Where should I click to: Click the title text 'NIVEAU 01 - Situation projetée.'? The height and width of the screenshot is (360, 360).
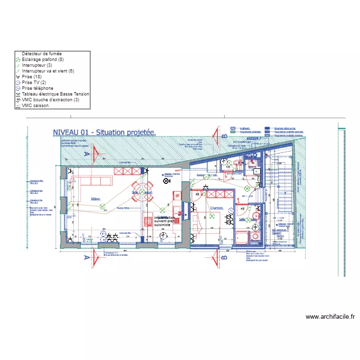[x=104, y=132]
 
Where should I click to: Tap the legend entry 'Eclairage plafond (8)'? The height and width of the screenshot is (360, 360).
[x=42, y=60]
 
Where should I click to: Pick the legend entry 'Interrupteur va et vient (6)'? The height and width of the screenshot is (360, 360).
[x=48, y=71]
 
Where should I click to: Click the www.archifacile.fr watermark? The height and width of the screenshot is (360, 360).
[x=330, y=317]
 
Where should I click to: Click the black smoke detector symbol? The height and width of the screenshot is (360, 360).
[x=166, y=181]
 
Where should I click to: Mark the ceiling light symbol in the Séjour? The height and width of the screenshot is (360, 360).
[x=102, y=207]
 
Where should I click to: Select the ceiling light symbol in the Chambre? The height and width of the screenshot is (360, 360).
[x=212, y=216]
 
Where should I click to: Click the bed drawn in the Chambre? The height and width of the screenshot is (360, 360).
[x=208, y=222]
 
